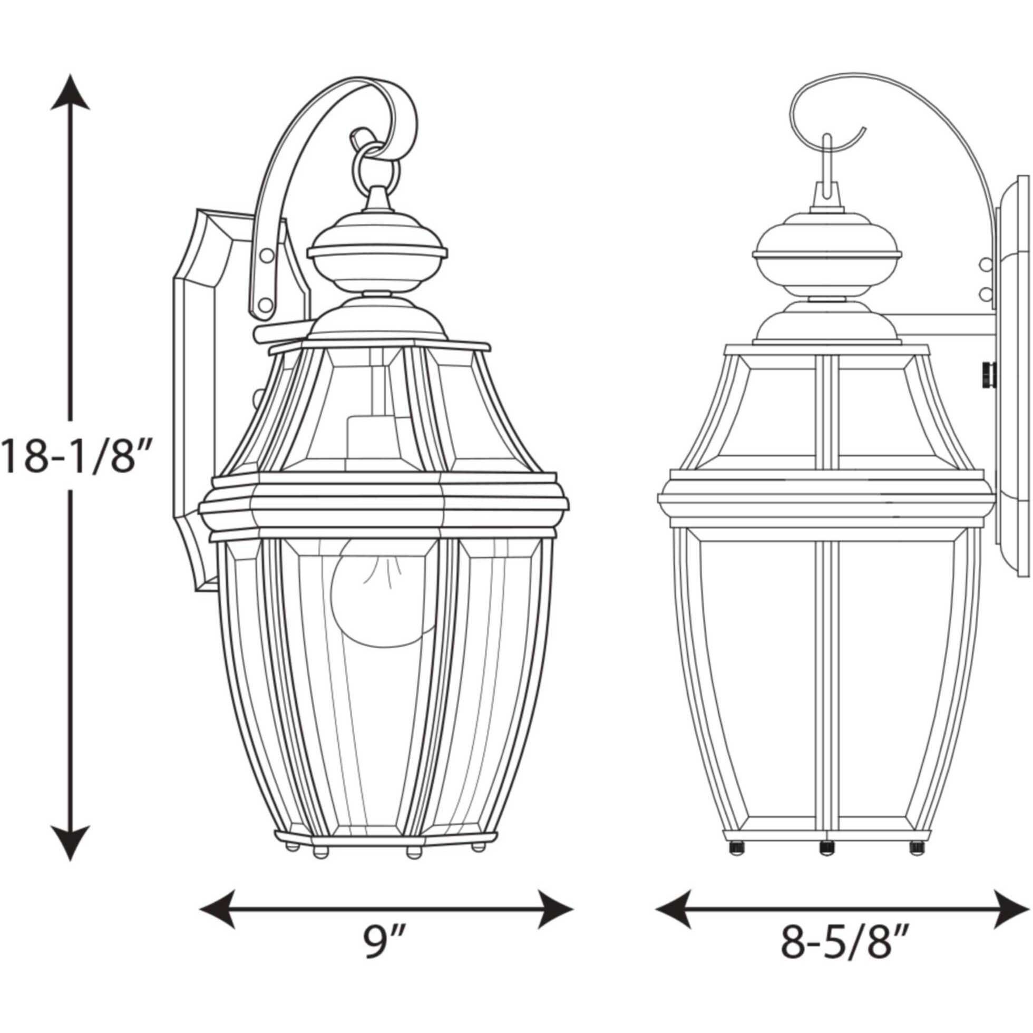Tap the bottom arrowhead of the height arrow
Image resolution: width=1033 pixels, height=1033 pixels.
click(70, 841)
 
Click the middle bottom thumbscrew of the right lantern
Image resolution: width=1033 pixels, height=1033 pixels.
click(826, 846)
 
